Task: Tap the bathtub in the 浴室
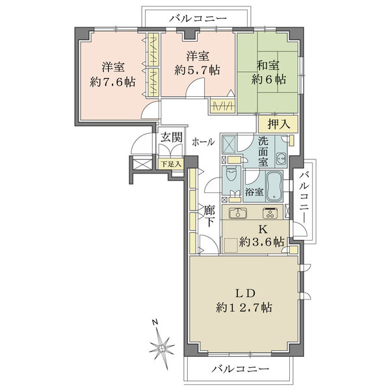click(274, 186)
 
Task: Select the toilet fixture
click(231, 174)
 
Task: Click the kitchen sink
click(238, 213)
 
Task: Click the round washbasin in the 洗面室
click(281, 157)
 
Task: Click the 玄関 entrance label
click(172, 137)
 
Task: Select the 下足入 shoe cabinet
click(171, 164)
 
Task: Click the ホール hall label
click(203, 142)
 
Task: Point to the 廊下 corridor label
click(209, 216)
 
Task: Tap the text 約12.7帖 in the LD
click(244, 307)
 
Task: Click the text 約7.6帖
click(112, 82)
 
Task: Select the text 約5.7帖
click(197, 70)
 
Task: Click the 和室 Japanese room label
click(268, 65)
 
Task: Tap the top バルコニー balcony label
click(198, 18)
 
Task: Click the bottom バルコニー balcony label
click(240, 369)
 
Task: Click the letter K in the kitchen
click(263, 229)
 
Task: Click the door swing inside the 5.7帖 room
click(195, 86)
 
